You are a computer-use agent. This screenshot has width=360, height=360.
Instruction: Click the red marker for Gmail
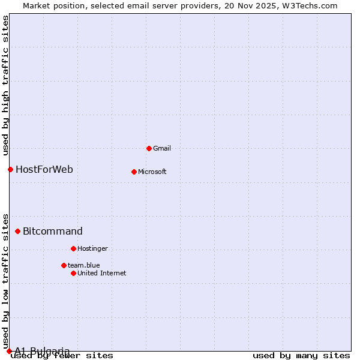pyautogui.click(x=149, y=148)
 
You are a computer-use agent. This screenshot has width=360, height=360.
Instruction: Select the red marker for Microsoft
pyautogui.click(x=134, y=172)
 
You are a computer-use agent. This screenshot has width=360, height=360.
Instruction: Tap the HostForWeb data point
pyautogui.click(x=10, y=169)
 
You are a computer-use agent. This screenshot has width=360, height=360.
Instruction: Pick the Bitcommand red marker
pyautogui.click(x=17, y=231)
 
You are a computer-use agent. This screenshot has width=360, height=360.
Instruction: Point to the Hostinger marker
pyautogui.click(x=73, y=248)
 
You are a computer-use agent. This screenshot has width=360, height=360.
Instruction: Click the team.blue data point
pyautogui.click(x=64, y=265)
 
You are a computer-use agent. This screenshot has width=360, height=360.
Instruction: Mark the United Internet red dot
pyautogui.click(x=73, y=273)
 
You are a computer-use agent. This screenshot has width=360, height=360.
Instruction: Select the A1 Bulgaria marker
pyautogui.click(x=9, y=351)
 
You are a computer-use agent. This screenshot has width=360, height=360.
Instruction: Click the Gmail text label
pyautogui.click(x=163, y=148)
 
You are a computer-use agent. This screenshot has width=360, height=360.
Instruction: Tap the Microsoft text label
pyautogui.click(x=152, y=172)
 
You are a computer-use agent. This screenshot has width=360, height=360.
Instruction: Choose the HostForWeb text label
pyautogui.click(x=44, y=169)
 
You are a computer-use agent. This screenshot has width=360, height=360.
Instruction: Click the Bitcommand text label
pyautogui.click(x=53, y=231)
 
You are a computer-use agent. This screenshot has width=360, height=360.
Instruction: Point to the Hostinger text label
pyautogui.click(x=92, y=248)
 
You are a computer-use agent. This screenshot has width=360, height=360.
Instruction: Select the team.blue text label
pyautogui.click(x=84, y=265)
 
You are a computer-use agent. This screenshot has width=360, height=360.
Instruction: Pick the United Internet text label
pyautogui.click(x=102, y=273)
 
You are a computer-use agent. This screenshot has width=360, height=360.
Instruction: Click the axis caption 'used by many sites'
pyautogui.click(x=301, y=355)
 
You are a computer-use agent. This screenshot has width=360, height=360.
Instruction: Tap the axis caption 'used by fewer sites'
pyautogui.click(x=62, y=355)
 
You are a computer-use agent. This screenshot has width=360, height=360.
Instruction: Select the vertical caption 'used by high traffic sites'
pyautogui.click(x=5, y=86)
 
